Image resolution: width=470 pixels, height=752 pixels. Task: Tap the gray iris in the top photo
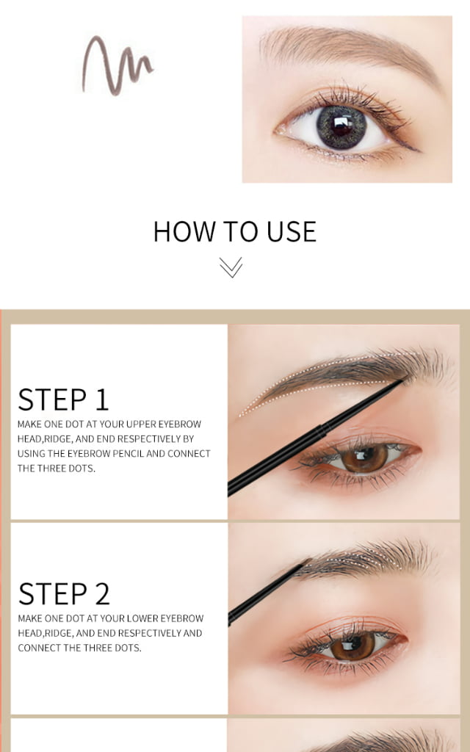(341, 126)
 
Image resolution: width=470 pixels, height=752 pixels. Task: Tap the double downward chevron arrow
(231, 267)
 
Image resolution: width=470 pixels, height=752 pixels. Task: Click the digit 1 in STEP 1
(101, 399)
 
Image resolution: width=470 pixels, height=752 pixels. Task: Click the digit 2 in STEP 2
(102, 593)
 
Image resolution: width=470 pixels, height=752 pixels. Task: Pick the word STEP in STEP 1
(52, 399)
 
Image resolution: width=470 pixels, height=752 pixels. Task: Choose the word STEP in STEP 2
(53, 593)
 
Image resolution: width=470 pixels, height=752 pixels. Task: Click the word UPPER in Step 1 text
(140, 424)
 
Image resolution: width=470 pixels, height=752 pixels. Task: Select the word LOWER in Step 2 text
(143, 618)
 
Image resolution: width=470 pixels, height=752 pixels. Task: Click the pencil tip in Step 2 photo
(308, 560)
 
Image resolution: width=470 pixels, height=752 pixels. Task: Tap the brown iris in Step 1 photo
(364, 458)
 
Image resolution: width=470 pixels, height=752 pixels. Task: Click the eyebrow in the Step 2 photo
(364, 558)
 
